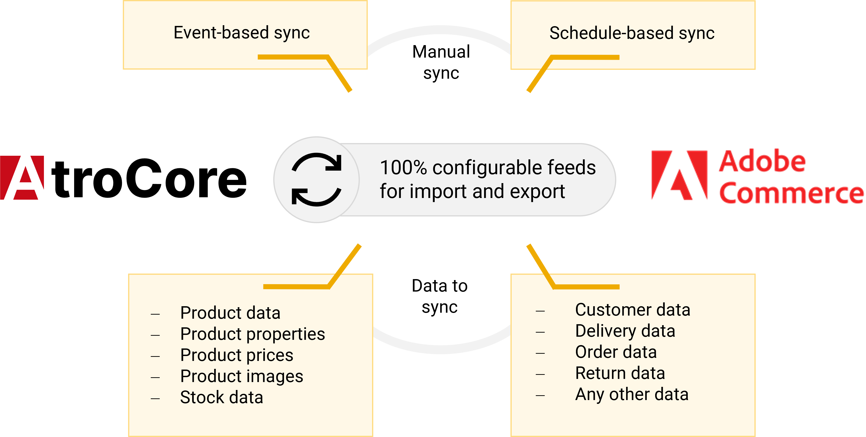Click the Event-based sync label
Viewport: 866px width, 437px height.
tap(241, 33)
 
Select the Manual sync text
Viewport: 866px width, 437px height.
tap(441, 62)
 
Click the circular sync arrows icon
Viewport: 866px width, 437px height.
tap(316, 179)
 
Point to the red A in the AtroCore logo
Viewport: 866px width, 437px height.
tap(22, 178)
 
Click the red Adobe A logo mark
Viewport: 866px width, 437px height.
tap(679, 175)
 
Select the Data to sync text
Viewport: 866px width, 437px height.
tap(440, 296)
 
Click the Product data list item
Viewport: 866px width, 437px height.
tap(230, 313)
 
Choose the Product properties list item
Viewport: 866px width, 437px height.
tap(252, 334)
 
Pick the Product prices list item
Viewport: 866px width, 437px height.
tap(237, 355)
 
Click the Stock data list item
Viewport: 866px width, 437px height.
tap(222, 397)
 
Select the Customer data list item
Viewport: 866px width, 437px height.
tap(633, 310)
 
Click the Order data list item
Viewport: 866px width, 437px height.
tap(616, 352)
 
